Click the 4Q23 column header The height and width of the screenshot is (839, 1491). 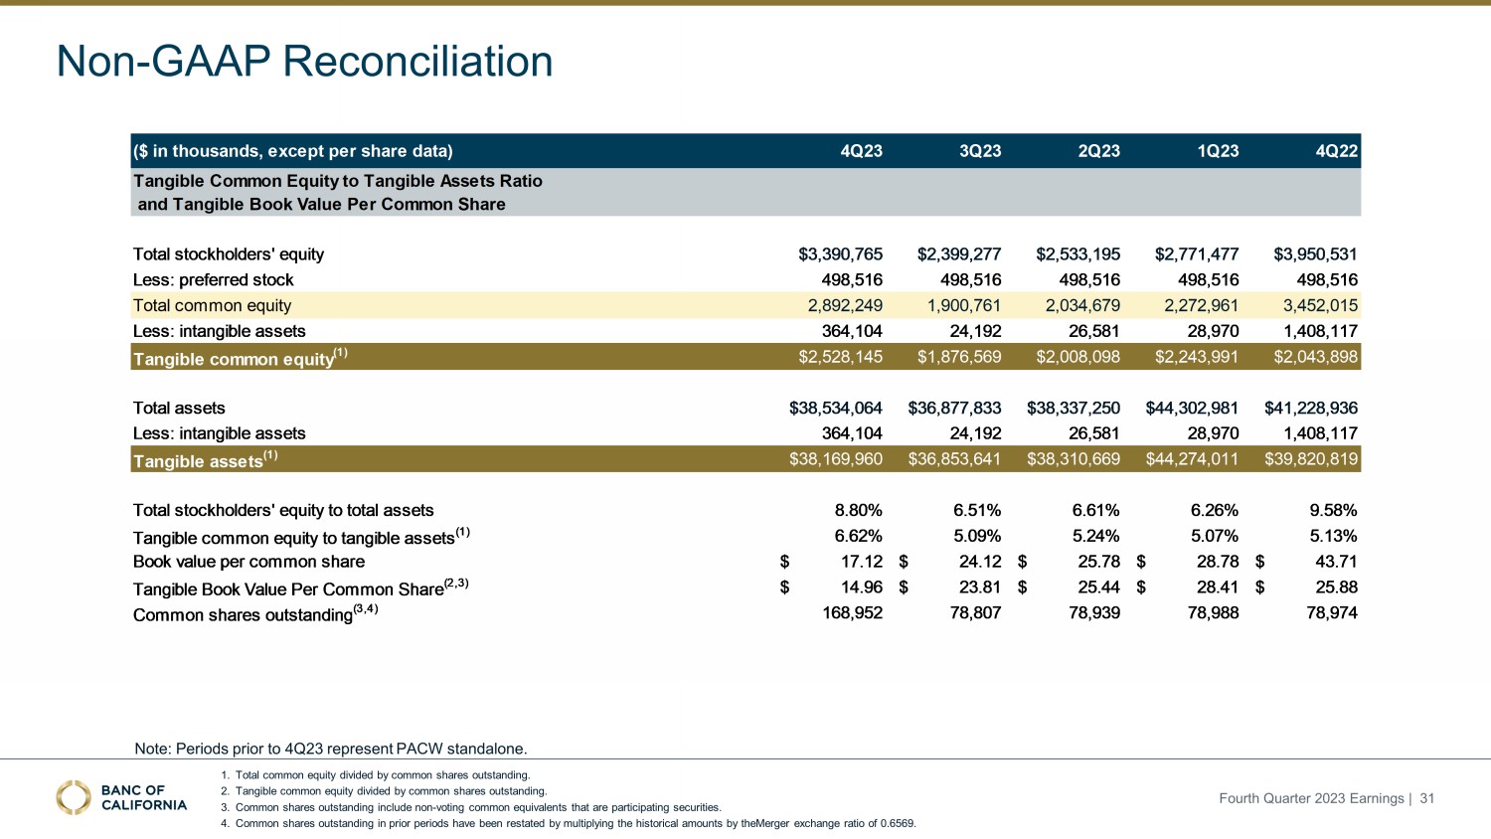(861, 151)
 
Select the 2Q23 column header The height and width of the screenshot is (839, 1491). (1098, 151)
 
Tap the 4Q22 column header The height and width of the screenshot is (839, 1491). (1336, 151)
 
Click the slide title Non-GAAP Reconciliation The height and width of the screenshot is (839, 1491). (304, 62)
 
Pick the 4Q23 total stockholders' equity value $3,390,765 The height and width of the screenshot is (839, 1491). (840, 254)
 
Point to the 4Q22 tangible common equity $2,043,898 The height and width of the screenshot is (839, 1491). (1315, 357)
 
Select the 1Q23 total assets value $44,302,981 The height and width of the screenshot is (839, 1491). (1192, 408)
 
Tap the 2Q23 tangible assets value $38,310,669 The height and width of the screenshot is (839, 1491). (1074, 459)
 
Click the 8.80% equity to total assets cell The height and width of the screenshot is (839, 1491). (858, 510)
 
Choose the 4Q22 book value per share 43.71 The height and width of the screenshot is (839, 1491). (1336, 562)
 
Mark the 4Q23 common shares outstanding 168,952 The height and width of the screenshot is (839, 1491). (852, 613)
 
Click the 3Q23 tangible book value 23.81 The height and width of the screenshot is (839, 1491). (979, 587)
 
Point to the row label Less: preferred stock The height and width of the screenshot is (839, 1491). (214, 280)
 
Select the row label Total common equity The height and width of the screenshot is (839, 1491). (212, 306)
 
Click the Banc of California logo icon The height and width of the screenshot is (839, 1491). (74, 797)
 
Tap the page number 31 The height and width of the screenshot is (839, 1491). (1426, 798)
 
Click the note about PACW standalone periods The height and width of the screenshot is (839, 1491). (330, 749)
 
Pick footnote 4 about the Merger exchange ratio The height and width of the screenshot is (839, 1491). (575, 823)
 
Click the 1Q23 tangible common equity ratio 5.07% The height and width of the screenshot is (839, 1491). (1214, 536)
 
